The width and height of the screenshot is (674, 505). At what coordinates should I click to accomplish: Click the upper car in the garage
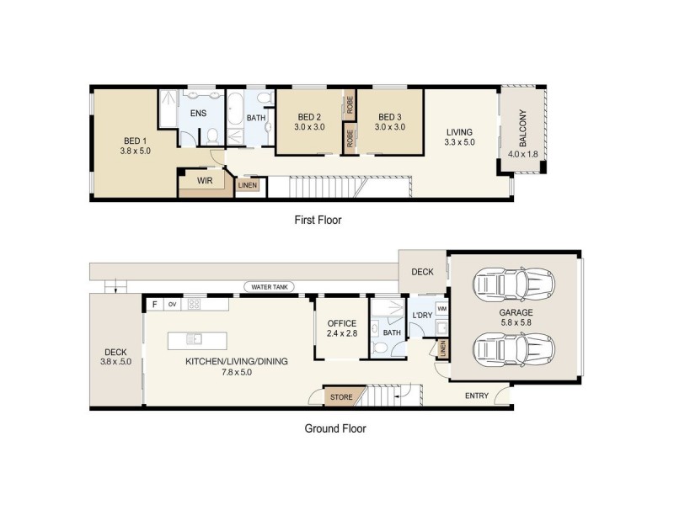[514, 284]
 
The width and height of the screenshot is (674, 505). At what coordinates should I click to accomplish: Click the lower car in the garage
[514, 348]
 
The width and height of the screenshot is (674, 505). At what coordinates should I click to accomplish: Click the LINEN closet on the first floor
[247, 185]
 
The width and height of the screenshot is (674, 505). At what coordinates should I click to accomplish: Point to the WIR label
[204, 179]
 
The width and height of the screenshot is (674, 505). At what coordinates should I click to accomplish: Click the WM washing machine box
[441, 310]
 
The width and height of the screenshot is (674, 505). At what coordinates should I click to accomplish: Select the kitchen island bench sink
[193, 339]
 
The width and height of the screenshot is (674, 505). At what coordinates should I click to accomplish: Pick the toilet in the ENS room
[212, 136]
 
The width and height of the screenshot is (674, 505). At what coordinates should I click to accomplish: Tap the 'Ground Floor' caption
[335, 428]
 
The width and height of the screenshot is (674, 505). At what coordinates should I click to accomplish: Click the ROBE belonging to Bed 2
[348, 104]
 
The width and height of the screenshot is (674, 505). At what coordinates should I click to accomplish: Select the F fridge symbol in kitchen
[154, 304]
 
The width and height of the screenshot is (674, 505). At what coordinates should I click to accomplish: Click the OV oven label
[172, 304]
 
